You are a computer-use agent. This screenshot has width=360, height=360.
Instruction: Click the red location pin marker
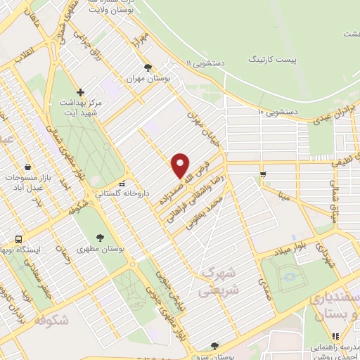[x=181, y=166]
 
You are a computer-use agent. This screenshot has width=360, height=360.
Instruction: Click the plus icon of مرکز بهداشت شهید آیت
[x=81, y=92]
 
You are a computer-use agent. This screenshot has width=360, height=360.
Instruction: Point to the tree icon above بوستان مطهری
[x=101, y=237]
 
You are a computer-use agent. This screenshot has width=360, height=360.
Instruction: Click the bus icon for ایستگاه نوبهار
[x=19, y=239]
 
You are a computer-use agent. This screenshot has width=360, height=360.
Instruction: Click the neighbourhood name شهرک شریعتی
[x=219, y=280]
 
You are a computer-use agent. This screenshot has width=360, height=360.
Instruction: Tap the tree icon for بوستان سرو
[x=214, y=345]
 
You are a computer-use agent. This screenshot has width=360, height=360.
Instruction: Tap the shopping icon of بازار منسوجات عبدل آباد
[x=27, y=167]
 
